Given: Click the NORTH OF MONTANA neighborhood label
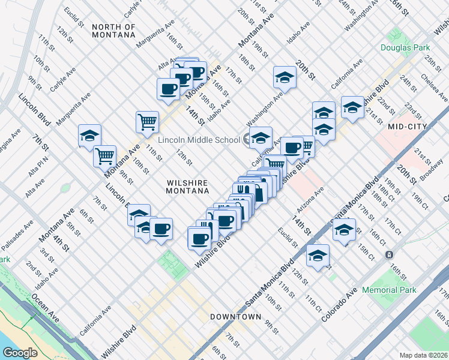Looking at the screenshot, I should pyautogui.click(x=114, y=31).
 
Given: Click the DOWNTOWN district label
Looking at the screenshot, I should pyautogui.click(x=235, y=316).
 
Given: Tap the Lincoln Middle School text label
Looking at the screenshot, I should pyautogui.click(x=199, y=140).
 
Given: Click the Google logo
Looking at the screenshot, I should pyautogui.click(x=20, y=352).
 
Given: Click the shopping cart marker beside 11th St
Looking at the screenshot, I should pyautogui.click(x=147, y=122).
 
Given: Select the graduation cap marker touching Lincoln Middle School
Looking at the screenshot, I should pyautogui.click(x=261, y=137).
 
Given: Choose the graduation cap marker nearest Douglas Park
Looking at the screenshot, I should pyautogui.click(x=352, y=107).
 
